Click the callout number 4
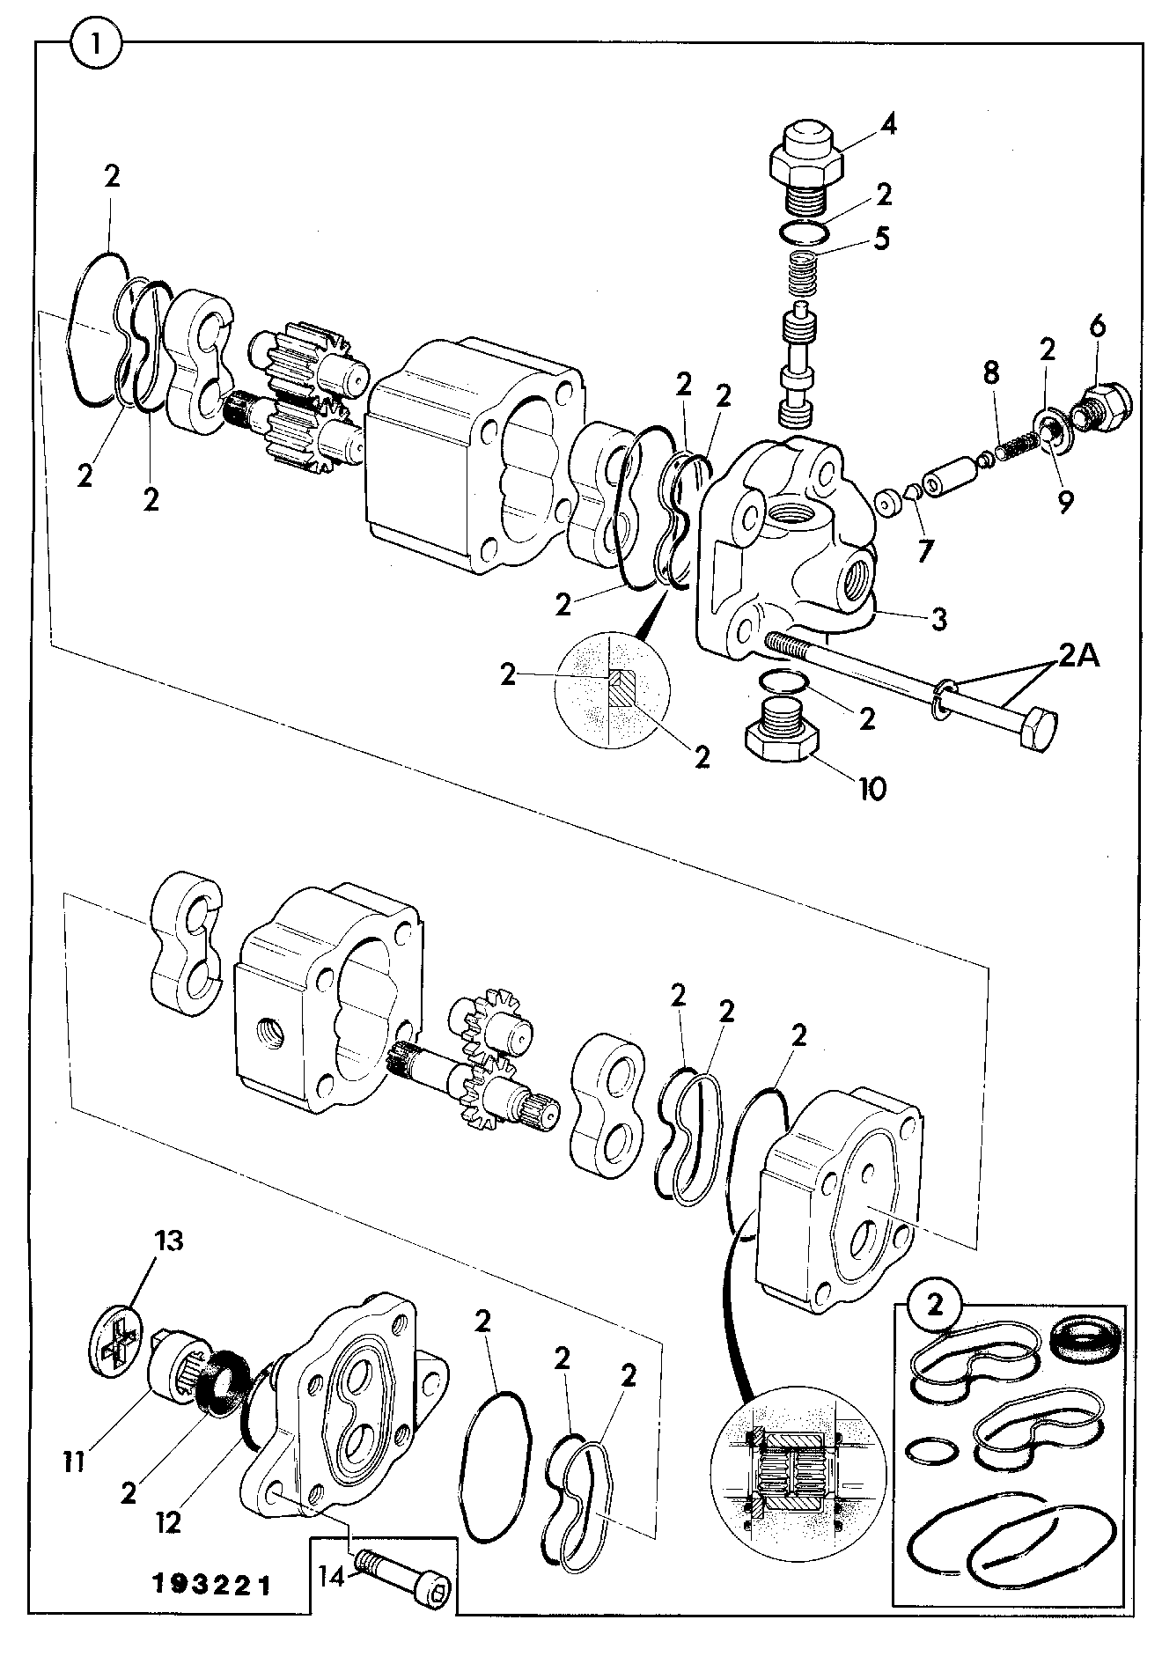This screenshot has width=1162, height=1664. tap(888, 125)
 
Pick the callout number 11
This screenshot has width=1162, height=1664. tap(74, 1462)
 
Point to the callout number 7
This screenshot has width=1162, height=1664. tap(925, 551)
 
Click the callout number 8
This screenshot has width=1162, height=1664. tap(991, 373)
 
